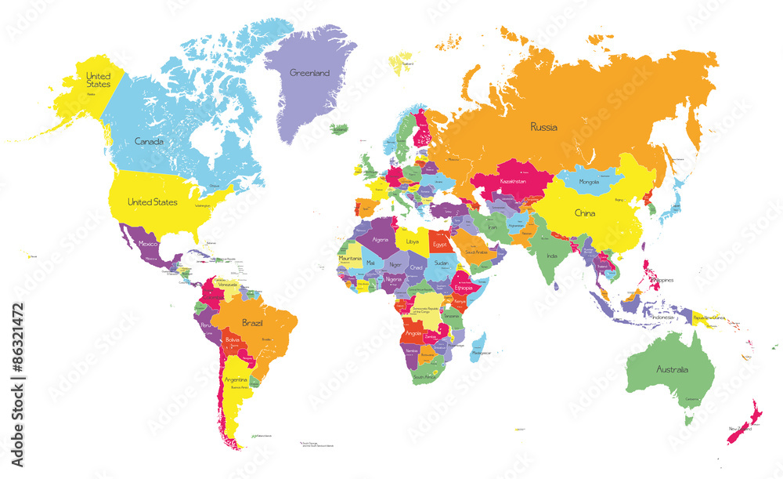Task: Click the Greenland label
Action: tap(309, 73)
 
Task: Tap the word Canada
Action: tap(149, 142)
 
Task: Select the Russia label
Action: tap(543, 126)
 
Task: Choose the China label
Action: tap(585, 213)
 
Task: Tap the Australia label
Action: tap(673, 369)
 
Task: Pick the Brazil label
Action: tap(252, 322)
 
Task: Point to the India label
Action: tap(551, 256)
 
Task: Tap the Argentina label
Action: tap(236, 380)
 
